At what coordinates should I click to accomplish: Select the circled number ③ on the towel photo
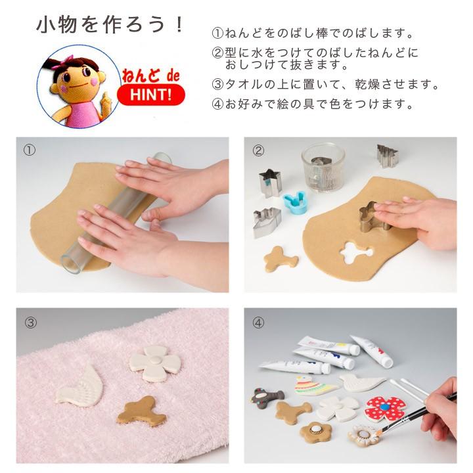pos(30,323)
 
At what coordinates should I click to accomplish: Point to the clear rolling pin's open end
pos(72,261)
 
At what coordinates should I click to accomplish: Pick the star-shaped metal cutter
pos(270,182)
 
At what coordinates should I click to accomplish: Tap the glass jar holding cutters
pos(323,160)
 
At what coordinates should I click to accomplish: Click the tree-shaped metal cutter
pos(387,156)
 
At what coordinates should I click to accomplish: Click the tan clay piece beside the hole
pos(281,258)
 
